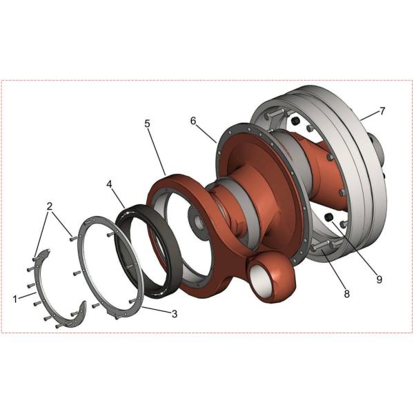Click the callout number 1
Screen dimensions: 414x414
point(14,299)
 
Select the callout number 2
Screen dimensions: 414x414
point(50,206)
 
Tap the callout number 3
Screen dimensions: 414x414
point(175,314)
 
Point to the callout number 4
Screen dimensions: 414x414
point(110,185)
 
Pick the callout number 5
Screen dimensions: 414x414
point(147,124)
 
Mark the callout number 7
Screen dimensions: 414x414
point(382,110)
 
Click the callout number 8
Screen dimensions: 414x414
point(346,293)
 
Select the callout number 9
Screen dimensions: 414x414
point(379,279)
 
